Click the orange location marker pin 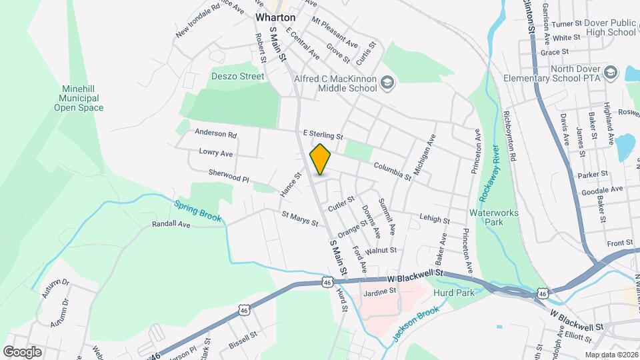(x=321, y=159)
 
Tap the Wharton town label (x=275, y=17)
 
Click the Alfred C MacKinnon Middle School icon (x=388, y=83)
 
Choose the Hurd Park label (x=453, y=292)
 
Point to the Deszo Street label (x=238, y=77)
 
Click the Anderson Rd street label (x=215, y=134)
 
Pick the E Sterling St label (x=322, y=135)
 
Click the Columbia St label (x=392, y=171)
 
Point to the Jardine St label (x=379, y=291)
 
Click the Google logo (x=22, y=351)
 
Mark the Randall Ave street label (x=171, y=225)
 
